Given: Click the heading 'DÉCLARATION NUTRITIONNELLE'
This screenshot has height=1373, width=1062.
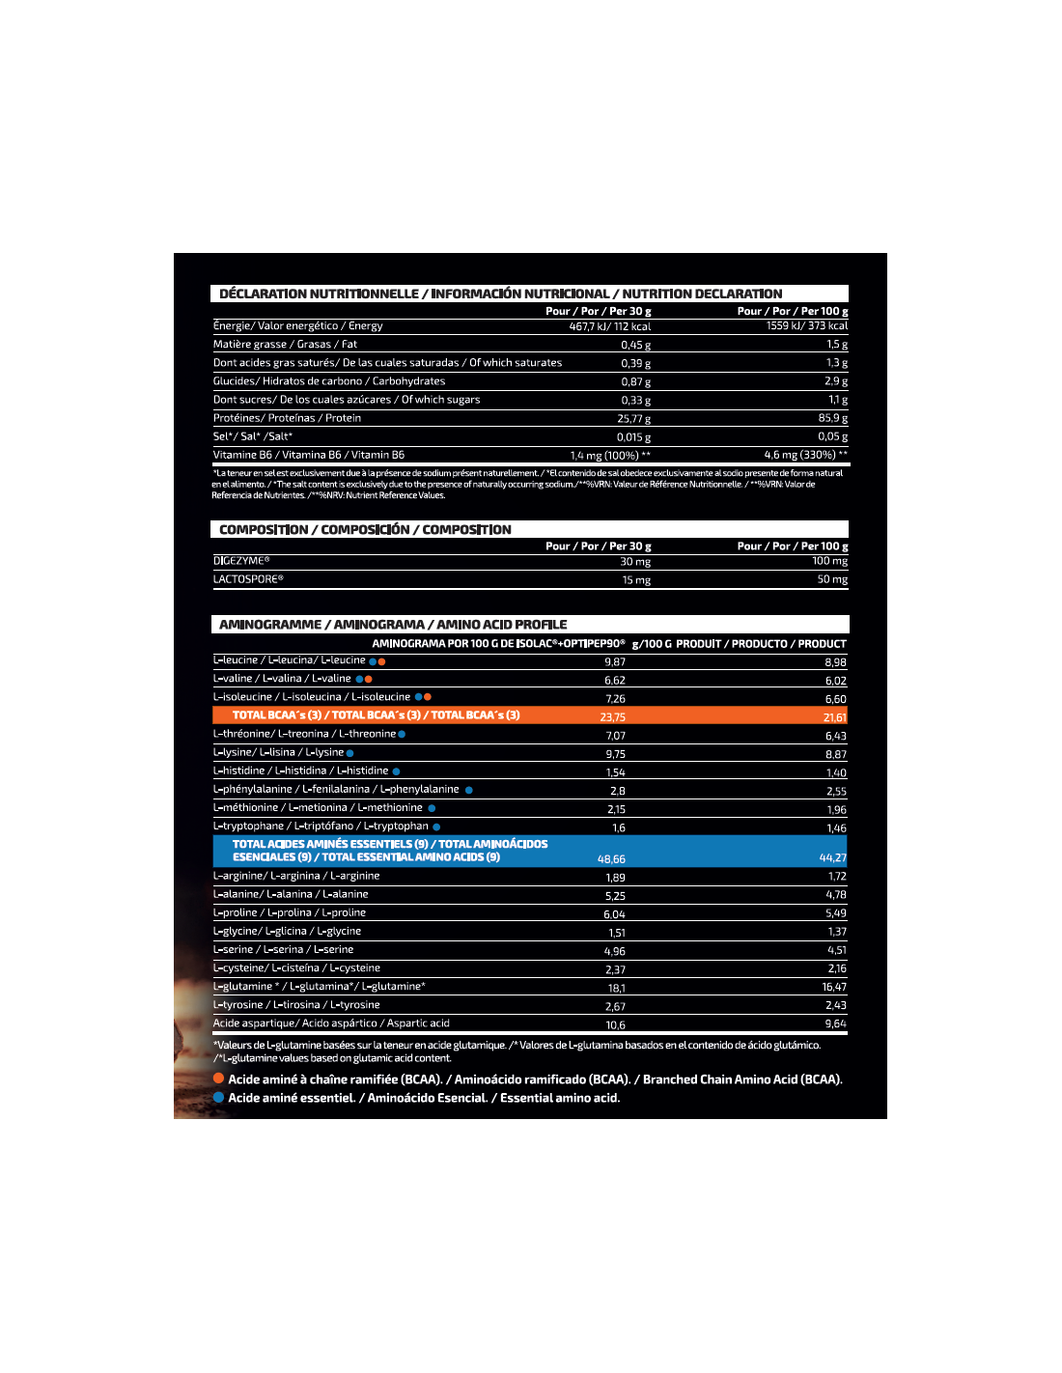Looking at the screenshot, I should tap(319, 294).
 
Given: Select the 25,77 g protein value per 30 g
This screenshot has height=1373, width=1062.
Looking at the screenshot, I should tap(633, 419).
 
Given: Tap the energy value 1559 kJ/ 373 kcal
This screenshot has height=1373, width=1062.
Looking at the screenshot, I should tap(806, 326).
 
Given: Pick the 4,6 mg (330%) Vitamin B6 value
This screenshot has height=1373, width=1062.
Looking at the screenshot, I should tap(805, 455).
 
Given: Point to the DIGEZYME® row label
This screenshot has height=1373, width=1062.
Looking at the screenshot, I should tap(241, 561).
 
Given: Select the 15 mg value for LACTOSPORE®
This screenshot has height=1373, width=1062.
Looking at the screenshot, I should tap(635, 580).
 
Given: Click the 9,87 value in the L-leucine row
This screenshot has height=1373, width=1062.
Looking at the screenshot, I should tap(614, 662).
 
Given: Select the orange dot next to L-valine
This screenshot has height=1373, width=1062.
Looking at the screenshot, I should tap(369, 679).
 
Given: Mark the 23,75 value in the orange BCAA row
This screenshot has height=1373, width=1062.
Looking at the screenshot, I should tap(612, 717).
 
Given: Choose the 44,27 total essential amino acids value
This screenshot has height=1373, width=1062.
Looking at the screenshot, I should tap(832, 857).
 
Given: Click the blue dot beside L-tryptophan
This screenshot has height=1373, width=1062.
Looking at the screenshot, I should tap(436, 827).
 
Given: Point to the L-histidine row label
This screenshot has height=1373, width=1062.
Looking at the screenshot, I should tap(300, 771).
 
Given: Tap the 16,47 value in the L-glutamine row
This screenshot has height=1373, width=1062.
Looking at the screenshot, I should tap(833, 987).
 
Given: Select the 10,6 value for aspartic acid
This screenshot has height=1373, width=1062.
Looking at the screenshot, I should tap(615, 1025).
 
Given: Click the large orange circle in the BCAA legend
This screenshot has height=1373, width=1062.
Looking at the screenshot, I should tap(218, 1079).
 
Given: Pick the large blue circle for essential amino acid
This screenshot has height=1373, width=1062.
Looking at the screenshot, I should tap(218, 1097).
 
